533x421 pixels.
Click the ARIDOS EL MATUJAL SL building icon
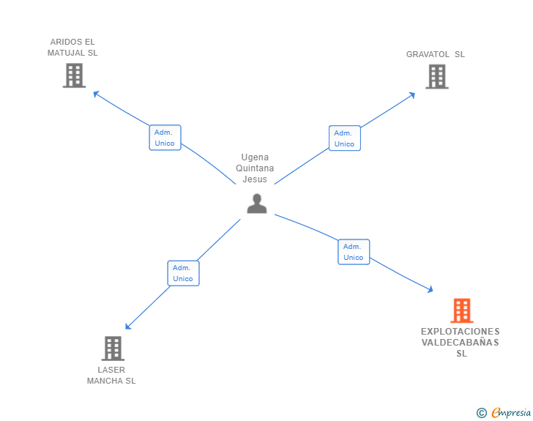point(74,75)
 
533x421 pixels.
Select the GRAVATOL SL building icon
point(436,76)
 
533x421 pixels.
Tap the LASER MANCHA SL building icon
point(112,349)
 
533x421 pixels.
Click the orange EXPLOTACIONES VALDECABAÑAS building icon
point(461,310)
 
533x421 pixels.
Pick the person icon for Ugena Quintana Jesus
point(257,204)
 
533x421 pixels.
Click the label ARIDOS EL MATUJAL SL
point(72,48)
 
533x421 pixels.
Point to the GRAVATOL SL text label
point(436,54)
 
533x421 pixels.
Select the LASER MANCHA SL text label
point(111,375)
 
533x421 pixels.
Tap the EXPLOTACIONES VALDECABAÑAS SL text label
point(461,343)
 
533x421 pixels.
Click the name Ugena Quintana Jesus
point(256,168)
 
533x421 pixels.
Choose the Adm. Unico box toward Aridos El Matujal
point(165,138)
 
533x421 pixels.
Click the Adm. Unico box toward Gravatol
point(344,138)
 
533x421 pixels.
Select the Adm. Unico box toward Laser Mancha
point(183,273)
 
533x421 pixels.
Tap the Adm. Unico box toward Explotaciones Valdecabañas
point(354,252)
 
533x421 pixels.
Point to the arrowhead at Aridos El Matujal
point(96,93)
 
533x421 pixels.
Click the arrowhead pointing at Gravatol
point(412,94)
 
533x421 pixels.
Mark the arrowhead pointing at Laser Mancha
point(128,327)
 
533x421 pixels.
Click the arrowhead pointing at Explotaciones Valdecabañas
point(430,291)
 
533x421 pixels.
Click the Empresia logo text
point(511,413)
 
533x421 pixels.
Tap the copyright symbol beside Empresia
point(481,413)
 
